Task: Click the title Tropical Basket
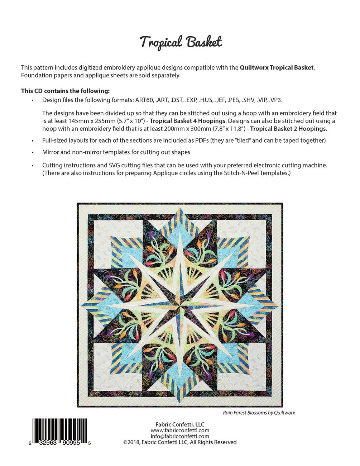(181, 42)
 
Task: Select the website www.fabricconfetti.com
(180, 430)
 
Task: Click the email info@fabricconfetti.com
(180, 436)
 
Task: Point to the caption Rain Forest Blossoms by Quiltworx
(259, 413)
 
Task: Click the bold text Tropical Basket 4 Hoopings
(187, 121)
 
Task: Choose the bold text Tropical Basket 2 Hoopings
(288, 128)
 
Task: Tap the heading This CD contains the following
(66, 91)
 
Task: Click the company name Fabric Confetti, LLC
(180, 424)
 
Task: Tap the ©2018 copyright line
(180, 442)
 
